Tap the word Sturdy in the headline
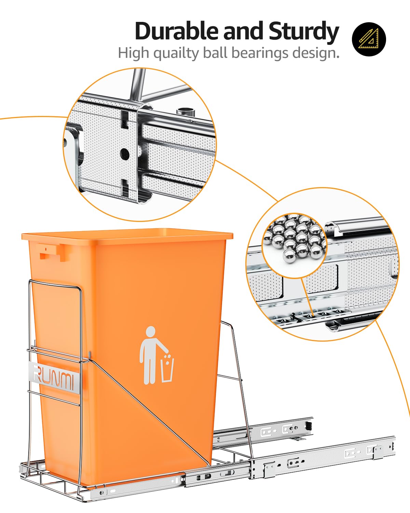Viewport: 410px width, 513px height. pyautogui.click(x=303, y=31)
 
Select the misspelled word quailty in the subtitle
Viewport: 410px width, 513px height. pyautogui.click(x=176, y=53)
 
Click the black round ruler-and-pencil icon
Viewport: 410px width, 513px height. pyautogui.click(x=369, y=39)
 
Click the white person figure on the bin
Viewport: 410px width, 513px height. pyautogui.click(x=150, y=354)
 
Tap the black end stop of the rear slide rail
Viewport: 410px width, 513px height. pyautogui.click(x=309, y=426)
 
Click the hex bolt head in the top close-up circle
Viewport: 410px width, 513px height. pyautogui.click(x=184, y=112)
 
